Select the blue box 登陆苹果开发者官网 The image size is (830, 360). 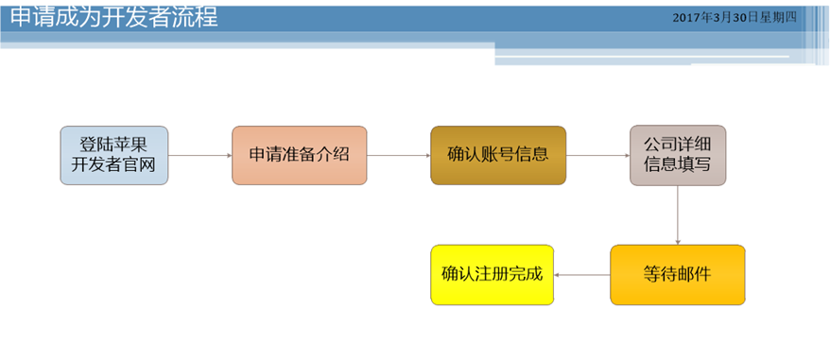coord(112,156)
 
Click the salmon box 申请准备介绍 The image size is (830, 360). coord(299,155)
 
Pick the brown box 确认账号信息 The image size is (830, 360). coord(497,155)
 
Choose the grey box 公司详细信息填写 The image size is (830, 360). coord(677,156)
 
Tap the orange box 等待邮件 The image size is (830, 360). coord(677,275)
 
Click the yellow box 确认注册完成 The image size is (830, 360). coord(492,275)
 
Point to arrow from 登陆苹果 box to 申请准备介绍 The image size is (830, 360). coord(199,156)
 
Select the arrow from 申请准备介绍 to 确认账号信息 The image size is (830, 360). coord(398,156)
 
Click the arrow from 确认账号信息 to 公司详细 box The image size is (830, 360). coord(597,156)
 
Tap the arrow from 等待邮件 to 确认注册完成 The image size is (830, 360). coord(580,275)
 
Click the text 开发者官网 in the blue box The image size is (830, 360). coord(112,167)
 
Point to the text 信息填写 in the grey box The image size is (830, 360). coord(677,167)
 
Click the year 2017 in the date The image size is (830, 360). coord(686,18)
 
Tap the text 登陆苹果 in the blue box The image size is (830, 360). coord(112,145)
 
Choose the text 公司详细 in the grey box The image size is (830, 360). coord(677,145)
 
